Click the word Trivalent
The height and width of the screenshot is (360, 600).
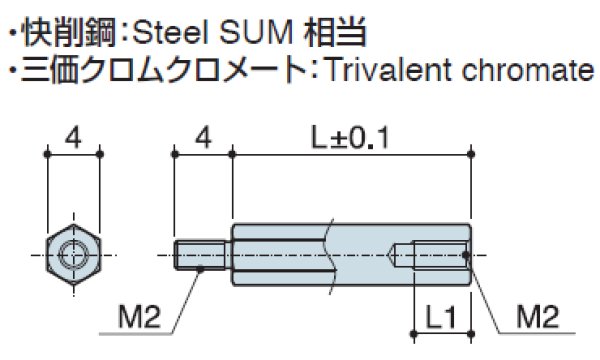(387, 72)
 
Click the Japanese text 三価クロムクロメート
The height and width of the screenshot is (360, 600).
(166, 72)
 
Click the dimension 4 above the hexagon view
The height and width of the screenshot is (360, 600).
(74, 136)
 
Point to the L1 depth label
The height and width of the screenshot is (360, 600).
(440, 319)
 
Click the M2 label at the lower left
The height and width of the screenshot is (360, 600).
(138, 319)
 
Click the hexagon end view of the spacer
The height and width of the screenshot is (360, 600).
(74, 255)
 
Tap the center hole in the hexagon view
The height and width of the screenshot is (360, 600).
(74, 255)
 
